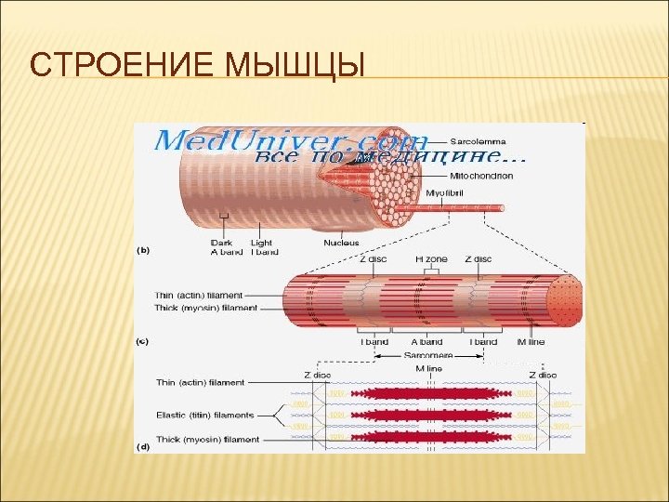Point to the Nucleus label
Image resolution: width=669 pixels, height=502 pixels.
(x=341, y=243)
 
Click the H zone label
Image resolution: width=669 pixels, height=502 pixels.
(x=430, y=259)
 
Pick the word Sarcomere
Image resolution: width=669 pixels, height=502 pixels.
(x=427, y=355)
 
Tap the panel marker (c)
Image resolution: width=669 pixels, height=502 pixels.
(x=144, y=341)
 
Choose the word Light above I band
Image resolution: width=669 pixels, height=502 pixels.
(x=264, y=243)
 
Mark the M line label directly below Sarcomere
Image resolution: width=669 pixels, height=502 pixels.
(x=427, y=368)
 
